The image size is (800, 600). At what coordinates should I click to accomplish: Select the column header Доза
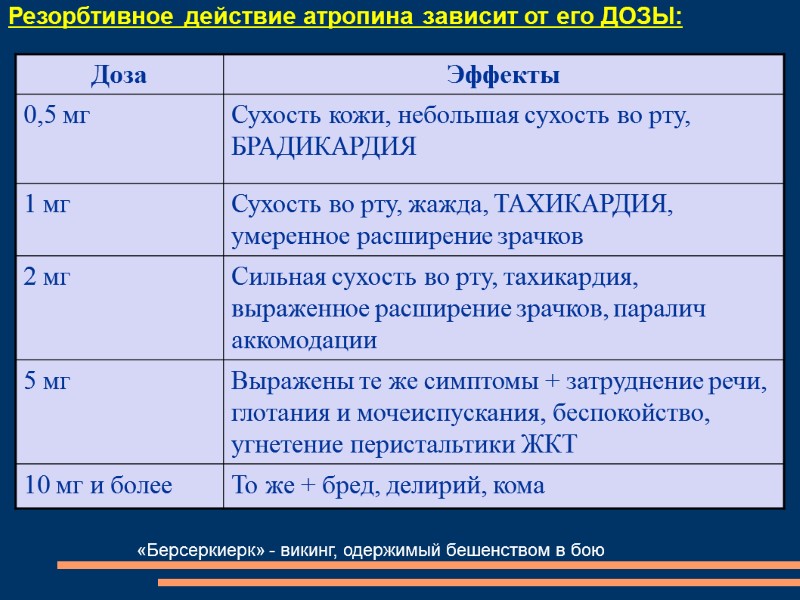119,75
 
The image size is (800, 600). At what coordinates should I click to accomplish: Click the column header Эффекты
503,75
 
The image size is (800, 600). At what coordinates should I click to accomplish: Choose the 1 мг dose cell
48,205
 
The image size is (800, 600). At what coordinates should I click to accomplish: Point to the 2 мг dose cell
48,277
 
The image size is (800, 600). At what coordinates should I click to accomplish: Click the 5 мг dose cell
48,381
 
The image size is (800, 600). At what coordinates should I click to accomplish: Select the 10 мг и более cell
98,486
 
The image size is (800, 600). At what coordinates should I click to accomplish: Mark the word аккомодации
304,341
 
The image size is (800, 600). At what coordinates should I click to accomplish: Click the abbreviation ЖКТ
550,445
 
